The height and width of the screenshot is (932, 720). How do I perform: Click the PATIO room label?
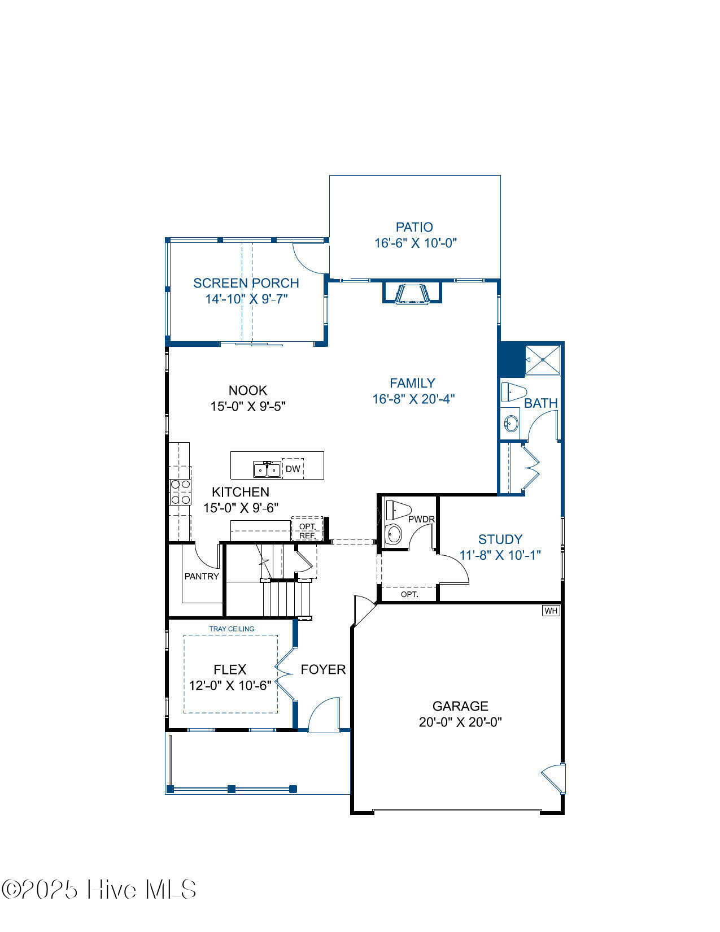414,227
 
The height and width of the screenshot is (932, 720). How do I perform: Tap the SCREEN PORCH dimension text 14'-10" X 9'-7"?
246,298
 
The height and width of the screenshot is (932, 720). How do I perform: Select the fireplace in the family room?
412,293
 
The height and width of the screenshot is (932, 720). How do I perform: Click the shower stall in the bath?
543,360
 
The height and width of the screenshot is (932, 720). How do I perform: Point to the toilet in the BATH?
514,391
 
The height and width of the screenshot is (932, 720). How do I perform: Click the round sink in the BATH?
510,424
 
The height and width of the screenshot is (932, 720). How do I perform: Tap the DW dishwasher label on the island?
293,469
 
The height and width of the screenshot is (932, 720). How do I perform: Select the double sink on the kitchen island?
267,469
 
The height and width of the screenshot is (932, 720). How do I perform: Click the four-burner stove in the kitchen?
180,492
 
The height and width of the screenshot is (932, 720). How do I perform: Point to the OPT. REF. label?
307,531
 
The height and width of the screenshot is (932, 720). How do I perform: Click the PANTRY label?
202,576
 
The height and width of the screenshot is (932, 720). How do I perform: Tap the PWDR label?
421,519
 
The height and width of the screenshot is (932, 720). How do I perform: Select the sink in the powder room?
393,534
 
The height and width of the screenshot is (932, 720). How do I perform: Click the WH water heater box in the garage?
551,611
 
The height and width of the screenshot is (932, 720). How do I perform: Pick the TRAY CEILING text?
232,629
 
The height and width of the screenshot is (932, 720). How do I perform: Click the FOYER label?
323,669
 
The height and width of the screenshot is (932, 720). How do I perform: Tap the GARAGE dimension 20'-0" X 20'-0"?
460,722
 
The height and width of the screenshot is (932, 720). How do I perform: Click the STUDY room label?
500,539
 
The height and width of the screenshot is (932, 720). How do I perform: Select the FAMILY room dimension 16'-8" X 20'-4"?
413,399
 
